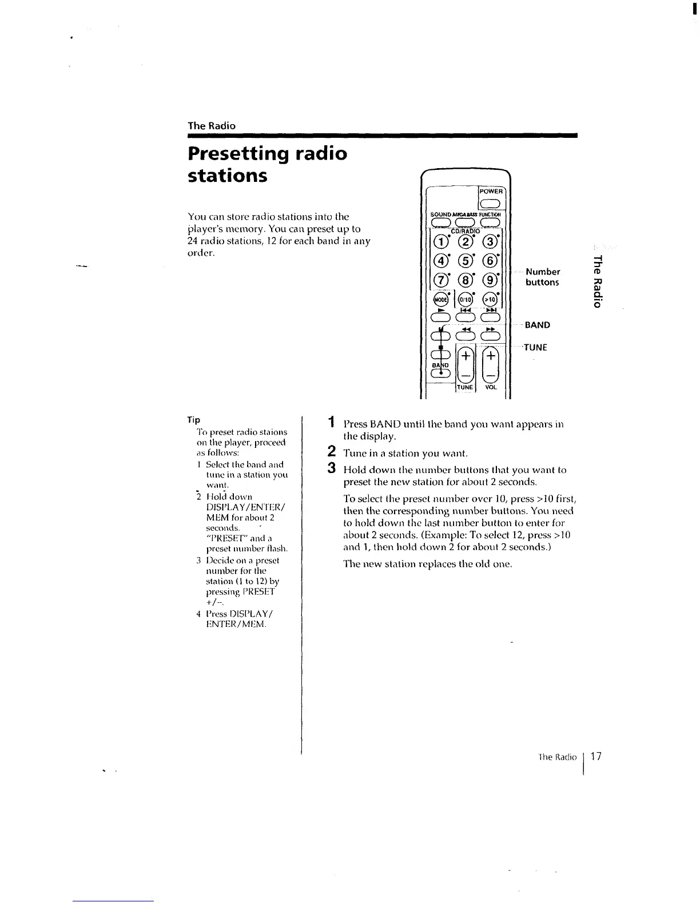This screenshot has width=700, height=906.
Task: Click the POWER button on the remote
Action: [491, 204]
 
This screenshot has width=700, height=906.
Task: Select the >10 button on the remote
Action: [491, 299]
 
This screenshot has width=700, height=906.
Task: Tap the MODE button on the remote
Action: [440, 299]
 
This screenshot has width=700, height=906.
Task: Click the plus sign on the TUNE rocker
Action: [466, 356]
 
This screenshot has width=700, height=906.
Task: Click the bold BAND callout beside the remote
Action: [537, 325]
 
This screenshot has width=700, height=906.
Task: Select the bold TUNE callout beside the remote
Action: [535, 347]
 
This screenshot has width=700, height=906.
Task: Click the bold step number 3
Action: [331, 468]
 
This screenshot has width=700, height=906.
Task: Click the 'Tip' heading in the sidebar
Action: [195, 420]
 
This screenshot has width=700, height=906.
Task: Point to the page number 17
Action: [596, 757]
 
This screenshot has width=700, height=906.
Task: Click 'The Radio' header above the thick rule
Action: [212, 126]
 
